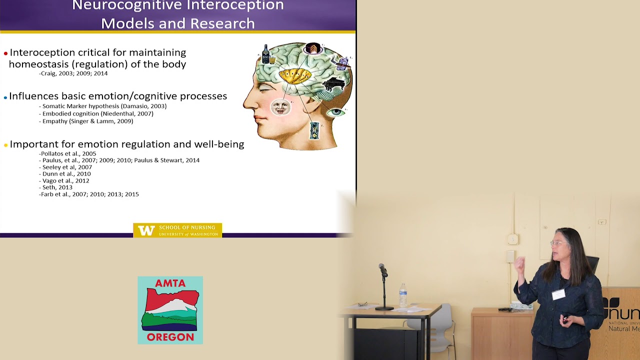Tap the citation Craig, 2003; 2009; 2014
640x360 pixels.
click(74, 73)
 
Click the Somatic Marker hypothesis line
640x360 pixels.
click(104, 106)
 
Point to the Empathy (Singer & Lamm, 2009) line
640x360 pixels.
click(87, 121)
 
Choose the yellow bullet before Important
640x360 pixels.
click(5, 145)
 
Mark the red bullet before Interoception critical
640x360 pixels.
click(5, 53)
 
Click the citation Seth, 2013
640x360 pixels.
click(57, 187)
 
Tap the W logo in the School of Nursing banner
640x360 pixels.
click(146, 230)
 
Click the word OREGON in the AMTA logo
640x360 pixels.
click(170, 337)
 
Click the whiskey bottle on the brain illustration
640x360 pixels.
click(266, 54)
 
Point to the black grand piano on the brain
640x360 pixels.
click(333, 83)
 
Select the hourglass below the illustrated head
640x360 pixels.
click(314, 130)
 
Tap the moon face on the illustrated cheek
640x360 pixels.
click(280, 106)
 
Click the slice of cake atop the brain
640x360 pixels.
click(313, 48)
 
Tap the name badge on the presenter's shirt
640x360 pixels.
click(558, 294)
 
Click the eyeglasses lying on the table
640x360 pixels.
click(363, 304)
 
